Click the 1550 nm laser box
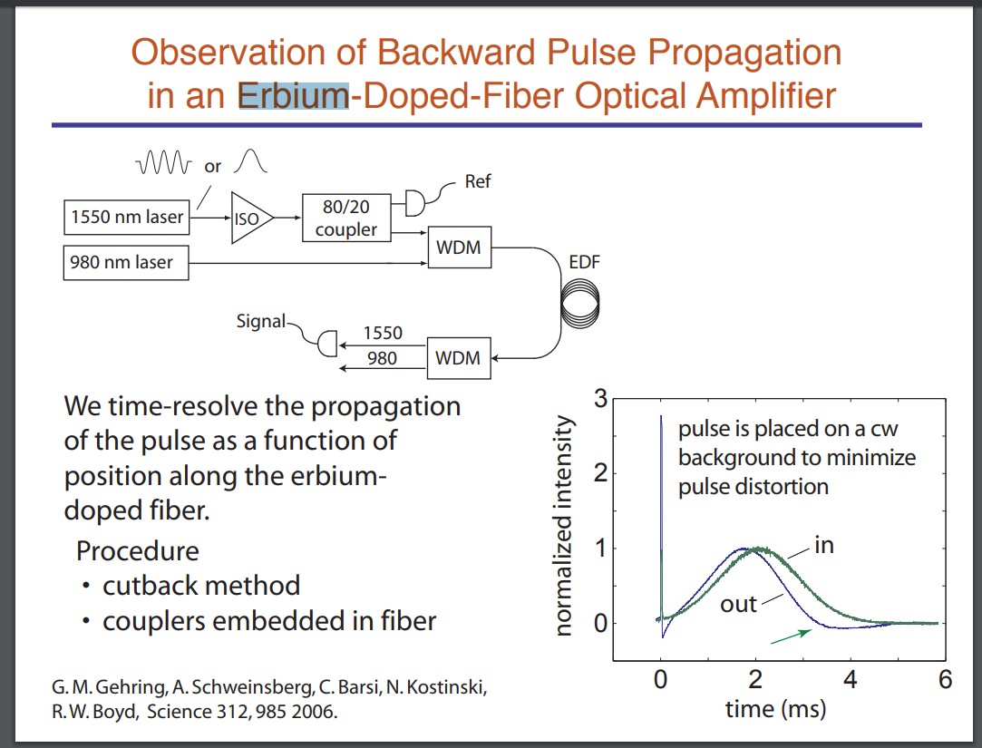tap(127, 218)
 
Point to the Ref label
tap(477, 181)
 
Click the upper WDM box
tap(458, 248)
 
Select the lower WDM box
tap(458, 358)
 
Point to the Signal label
tap(260, 321)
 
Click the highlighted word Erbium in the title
tap(293, 95)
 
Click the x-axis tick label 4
tap(850, 679)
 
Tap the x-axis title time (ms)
tap(775, 709)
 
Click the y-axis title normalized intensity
tap(563, 526)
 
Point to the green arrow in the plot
tap(789, 636)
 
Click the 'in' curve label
tap(823, 545)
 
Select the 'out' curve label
tap(738, 604)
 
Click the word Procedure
tap(137, 550)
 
